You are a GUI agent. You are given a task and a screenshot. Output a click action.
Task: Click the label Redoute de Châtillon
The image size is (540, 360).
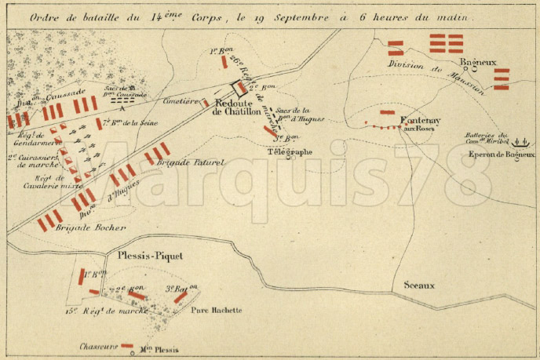239,107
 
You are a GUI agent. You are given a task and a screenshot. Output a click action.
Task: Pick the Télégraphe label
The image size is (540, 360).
290,151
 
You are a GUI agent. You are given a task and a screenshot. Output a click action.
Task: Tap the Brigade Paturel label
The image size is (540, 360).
191,162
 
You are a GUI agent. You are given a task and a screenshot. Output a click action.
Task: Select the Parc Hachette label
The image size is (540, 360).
217,310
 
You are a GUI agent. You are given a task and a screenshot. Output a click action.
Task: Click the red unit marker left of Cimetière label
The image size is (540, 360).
205,103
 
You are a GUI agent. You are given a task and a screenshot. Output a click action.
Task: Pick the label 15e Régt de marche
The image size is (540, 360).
99,312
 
